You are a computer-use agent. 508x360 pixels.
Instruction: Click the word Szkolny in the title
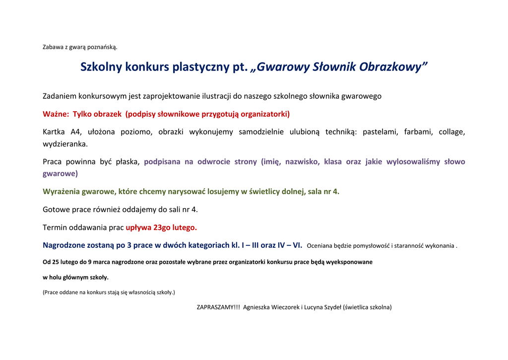pos(101,67)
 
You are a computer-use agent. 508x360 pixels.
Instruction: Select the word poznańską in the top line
pos(102,47)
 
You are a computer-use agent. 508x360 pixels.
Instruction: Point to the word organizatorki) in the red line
pos(265,114)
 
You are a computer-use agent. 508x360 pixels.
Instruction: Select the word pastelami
pos(380,132)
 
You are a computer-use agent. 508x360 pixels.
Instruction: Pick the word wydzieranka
pos(65,144)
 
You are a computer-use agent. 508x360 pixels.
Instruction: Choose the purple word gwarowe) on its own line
pos(60,174)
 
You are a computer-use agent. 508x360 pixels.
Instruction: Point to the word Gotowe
pos(56,210)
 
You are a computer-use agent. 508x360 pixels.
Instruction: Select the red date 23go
pos(163,228)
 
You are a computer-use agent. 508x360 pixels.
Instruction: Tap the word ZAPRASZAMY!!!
pos(218,307)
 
